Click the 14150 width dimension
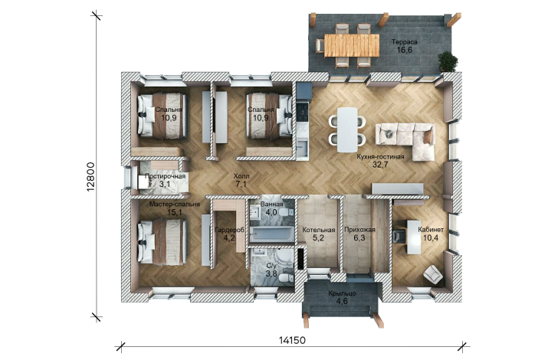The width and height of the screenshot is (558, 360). click(x=292, y=340)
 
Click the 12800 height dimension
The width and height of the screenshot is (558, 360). click(x=90, y=177)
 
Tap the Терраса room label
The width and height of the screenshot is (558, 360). click(x=404, y=42)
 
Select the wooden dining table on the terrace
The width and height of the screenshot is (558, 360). click(x=351, y=45)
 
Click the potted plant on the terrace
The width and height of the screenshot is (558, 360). click(x=448, y=61)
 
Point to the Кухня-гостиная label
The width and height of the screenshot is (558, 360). click(x=380, y=156)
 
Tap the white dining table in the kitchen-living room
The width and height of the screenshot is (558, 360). click(x=347, y=129)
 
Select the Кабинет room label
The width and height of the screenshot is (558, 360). click(x=431, y=230)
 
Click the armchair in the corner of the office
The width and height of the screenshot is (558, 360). click(x=433, y=274)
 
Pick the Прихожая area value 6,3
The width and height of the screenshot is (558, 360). click(x=359, y=238)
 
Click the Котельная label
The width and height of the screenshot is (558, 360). click(x=319, y=230)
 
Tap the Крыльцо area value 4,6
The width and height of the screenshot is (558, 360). click(x=343, y=301)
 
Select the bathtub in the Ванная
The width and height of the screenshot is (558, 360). click(x=271, y=234)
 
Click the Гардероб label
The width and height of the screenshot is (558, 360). click(x=229, y=230)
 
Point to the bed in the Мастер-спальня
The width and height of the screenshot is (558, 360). click(x=162, y=241)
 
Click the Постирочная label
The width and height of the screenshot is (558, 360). click(x=165, y=176)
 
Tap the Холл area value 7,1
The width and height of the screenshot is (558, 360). click(x=241, y=184)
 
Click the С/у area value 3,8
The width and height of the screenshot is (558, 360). click(x=271, y=273)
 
